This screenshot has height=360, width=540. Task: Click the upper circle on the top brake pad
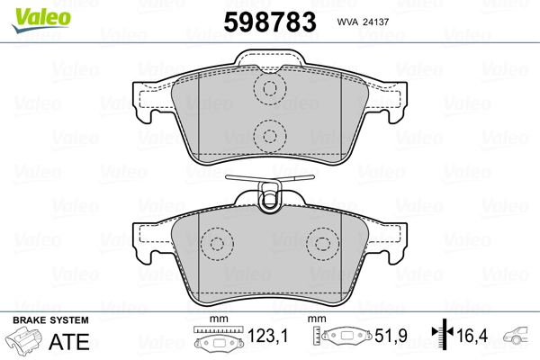point(266,89)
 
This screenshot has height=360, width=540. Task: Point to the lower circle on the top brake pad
point(266,136)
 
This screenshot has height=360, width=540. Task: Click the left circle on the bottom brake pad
point(215,244)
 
